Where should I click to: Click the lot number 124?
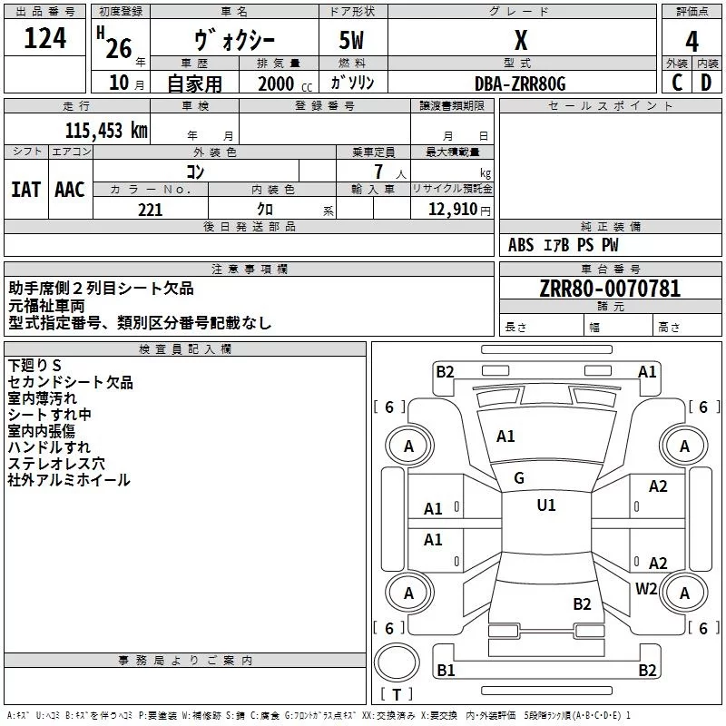[x=45, y=39]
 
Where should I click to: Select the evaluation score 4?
[x=692, y=41]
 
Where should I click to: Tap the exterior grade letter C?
[x=676, y=83]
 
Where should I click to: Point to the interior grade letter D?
[x=706, y=83]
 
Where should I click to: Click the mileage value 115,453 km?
[x=105, y=130]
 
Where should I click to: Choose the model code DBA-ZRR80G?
[x=520, y=83]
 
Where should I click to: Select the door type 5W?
[x=353, y=40]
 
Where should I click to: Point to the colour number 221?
[x=150, y=210]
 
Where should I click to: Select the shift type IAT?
[x=25, y=189]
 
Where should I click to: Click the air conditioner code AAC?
[x=70, y=189]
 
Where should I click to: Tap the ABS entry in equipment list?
[x=521, y=245]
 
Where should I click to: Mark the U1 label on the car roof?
[x=546, y=505]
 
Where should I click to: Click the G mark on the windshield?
[x=519, y=478]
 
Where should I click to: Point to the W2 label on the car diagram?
[x=646, y=589]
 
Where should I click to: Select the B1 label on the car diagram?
[x=446, y=671]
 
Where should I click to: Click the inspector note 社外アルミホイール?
[x=69, y=480]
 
